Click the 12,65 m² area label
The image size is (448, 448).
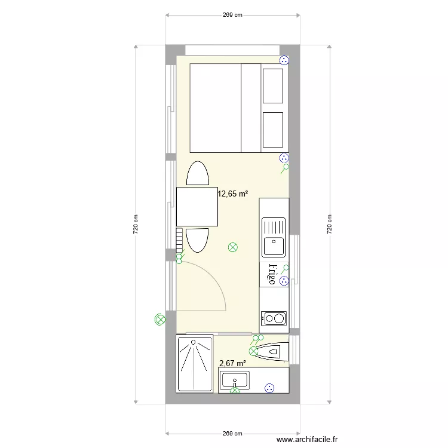pos(232,194)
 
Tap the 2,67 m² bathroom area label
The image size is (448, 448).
pos(232,363)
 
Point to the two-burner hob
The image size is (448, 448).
pos(274,318)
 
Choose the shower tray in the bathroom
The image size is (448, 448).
pos(195,364)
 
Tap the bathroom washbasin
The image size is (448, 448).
pos(235,380)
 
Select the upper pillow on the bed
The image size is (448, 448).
pos(273,85)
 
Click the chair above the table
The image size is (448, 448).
pos(197,174)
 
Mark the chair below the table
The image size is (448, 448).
pos(197,240)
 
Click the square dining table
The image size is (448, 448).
pos(197,207)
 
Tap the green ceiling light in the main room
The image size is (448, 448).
pos(233,247)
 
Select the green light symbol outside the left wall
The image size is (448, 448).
pos(159,320)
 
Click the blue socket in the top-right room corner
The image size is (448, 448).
pos(284,60)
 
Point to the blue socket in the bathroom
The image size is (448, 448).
pos(270,388)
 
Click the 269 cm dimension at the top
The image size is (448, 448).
pos(232,16)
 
